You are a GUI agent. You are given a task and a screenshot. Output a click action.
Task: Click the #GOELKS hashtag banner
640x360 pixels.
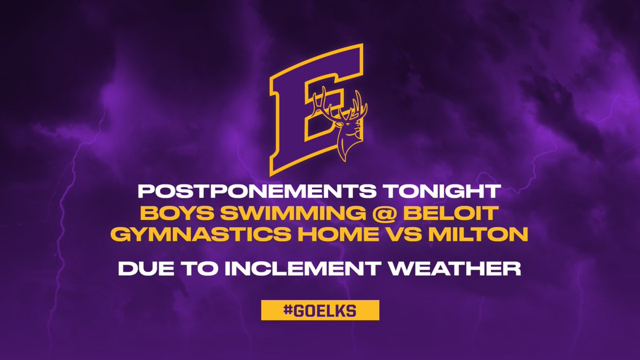point(320,310)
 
